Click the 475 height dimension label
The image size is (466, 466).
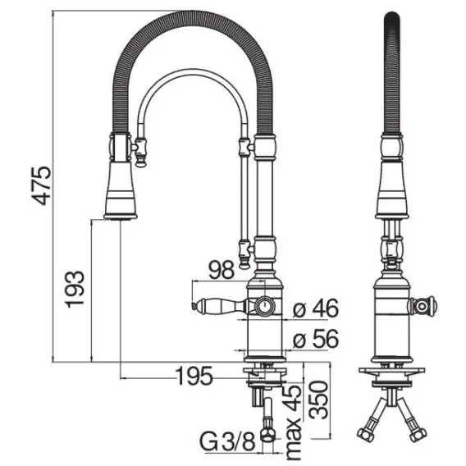click(x=42, y=186)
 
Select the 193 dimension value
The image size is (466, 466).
click(x=75, y=289)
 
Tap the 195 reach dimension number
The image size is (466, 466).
click(x=194, y=376)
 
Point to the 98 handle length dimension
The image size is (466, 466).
click(x=222, y=270)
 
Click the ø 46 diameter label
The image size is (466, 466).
click(x=316, y=308)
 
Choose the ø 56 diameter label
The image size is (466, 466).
click(x=316, y=339)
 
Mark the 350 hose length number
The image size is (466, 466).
click(x=319, y=400)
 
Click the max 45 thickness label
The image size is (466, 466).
click(x=293, y=423)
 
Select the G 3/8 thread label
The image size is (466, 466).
click(x=228, y=441)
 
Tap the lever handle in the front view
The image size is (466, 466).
click(x=221, y=305)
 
